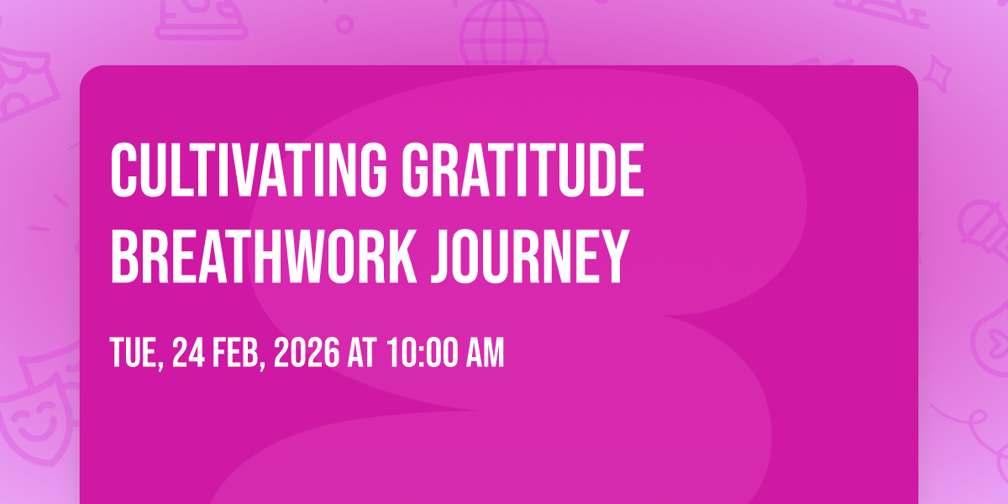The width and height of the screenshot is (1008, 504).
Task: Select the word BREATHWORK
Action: coord(264,256)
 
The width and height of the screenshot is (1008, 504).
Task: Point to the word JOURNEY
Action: coord(530,256)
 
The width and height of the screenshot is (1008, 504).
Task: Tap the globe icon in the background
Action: coord(504,33)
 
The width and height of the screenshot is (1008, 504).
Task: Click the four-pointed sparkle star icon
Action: coord(937,74)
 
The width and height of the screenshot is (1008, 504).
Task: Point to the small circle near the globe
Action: coord(344,24)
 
